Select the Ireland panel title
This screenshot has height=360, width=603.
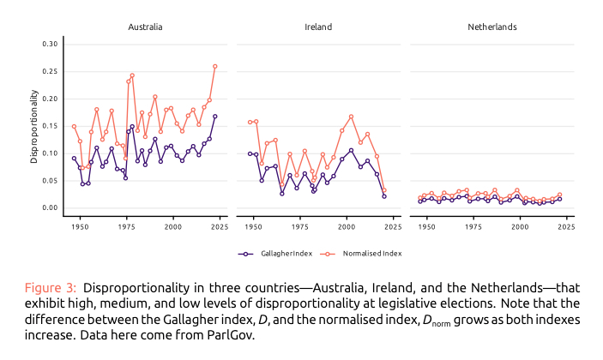(318, 27)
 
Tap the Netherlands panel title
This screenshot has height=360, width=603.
(491, 27)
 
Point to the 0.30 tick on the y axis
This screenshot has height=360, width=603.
(49, 44)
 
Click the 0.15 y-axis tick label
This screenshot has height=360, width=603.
(49, 126)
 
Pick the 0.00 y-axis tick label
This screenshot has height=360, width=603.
(49, 208)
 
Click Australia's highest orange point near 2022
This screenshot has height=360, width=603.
(214, 66)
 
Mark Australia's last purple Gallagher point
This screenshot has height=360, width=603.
(214, 117)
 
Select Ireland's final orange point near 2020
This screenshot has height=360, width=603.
(383, 190)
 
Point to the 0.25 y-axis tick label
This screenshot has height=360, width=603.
(49, 71)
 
